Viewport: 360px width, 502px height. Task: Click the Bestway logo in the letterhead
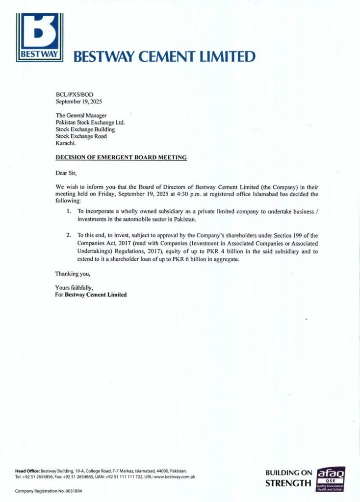click(x=40, y=37)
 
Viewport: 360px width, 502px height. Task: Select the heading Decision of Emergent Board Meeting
click(x=121, y=157)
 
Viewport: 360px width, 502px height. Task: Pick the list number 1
click(x=69, y=211)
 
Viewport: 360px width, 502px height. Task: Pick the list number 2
click(x=69, y=235)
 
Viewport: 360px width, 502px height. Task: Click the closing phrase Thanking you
click(x=73, y=274)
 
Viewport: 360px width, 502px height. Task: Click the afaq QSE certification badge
click(x=331, y=479)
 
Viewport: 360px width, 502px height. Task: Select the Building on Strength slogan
click(x=288, y=478)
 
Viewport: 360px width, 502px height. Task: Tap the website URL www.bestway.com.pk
click(x=175, y=477)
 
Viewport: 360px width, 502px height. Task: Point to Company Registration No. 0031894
click(x=49, y=491)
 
